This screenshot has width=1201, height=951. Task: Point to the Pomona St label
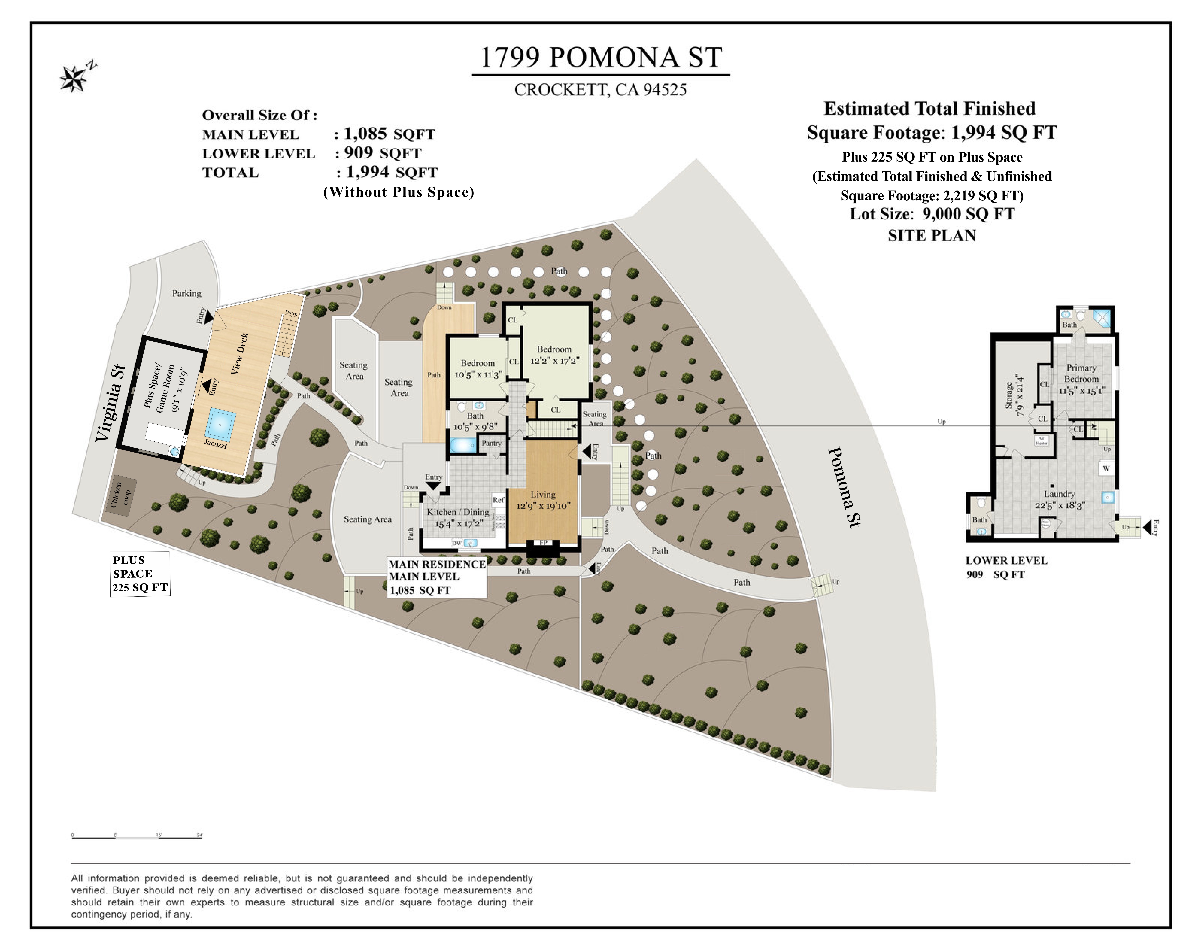844,487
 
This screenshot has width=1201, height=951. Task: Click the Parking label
186,293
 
